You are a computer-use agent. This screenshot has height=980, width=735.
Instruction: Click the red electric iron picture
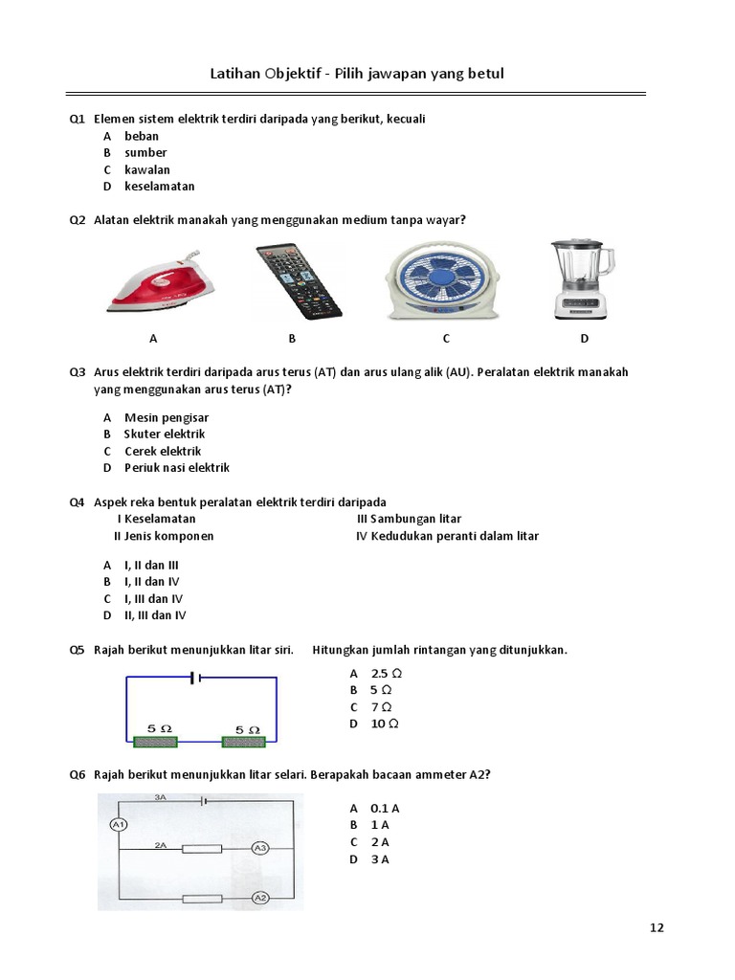[160, 279]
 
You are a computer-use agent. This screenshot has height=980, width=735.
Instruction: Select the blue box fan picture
[441, 278]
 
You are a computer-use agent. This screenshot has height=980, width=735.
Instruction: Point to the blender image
[582, 279]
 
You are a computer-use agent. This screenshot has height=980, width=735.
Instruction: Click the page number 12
[657, 927]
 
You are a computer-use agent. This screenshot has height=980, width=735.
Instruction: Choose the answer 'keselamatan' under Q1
[159, 187]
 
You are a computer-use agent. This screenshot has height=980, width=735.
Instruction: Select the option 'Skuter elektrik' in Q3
[165, 434]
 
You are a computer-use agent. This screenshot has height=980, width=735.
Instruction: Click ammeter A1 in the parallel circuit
[120, 825]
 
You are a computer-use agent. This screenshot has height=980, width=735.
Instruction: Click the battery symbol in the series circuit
[194, 678]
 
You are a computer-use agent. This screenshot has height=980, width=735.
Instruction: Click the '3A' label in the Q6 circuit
[161, 796]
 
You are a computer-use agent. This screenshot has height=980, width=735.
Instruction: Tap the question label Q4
[77, 502]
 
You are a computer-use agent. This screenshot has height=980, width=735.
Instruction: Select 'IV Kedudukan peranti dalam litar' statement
[447, 536]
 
